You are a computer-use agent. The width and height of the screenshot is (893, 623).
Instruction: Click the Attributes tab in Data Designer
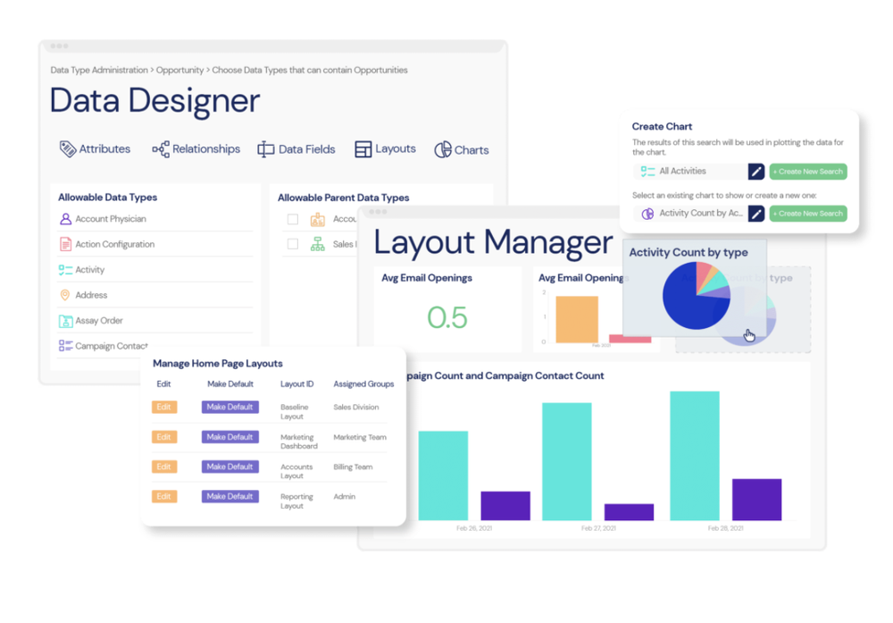coord(96,149)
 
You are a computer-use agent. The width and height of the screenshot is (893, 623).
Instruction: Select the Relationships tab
coord(196,149)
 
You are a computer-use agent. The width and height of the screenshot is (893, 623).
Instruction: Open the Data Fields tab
coord(296,149)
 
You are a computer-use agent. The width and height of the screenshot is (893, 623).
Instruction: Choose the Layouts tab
coord(386,149)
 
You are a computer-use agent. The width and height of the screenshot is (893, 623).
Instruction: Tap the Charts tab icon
coord(443,150)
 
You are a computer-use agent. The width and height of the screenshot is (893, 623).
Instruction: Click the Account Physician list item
coord(110,219)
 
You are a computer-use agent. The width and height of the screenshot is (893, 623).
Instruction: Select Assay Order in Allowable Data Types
coord(98,321)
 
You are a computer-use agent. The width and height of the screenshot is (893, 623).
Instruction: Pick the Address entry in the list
coord(90,295)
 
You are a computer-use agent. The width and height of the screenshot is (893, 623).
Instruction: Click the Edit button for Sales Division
coord(163,407)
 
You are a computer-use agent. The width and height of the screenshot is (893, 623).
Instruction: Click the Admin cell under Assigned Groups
coord(345,496)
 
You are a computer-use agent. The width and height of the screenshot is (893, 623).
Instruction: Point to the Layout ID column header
coord(297,384)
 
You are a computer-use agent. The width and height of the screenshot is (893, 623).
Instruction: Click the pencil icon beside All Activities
coord(755,172)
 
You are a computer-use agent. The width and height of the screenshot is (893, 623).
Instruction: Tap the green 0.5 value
coord(447,317)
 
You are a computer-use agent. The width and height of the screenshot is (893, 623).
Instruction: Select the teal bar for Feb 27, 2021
coord(566,461)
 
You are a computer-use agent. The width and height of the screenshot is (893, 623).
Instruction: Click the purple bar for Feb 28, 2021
coord(756,500)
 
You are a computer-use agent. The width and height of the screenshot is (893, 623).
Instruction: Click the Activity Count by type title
coord(689,253)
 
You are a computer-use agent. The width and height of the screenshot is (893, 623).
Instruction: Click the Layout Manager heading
coord(493,242)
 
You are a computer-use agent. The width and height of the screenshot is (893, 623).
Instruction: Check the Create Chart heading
coord(662,127)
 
